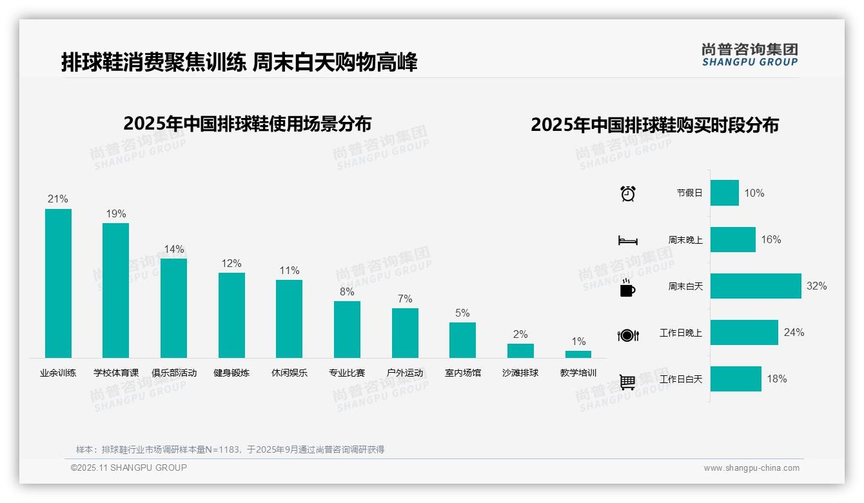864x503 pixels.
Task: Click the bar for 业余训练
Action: [x=58, y=283]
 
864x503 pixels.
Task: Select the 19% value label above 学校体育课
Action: [x=116, y=214]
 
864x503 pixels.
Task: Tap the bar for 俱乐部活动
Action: [x=173, y=308]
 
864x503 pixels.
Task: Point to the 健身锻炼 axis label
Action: [x=231, y=373]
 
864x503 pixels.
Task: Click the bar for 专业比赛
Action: [x=347, y=330]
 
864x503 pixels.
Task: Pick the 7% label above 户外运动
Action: [x=405, y=299]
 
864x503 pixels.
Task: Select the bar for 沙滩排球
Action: [x=520, y=351]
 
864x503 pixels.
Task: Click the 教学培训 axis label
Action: [x=578, y=373]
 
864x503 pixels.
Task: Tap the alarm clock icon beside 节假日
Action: [x=628, y=193]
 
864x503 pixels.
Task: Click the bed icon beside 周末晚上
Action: [x=628, y=240]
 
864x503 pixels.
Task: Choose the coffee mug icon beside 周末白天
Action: [x=627, y=287]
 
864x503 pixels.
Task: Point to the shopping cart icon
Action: [x=627, y=382]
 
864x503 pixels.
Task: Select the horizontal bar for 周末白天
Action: [x=756, y=286]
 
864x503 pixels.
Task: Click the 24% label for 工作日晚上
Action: [x=794, y=333]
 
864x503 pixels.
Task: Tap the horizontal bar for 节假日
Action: [x=725, y=193]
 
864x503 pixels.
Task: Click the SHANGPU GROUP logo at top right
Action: [x=750, y=54]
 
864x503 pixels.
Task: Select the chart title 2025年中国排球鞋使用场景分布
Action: [x=248, y=124]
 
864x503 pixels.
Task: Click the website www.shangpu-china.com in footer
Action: [x=751, y=468]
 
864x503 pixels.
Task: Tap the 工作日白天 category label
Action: [x=681, y=379]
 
